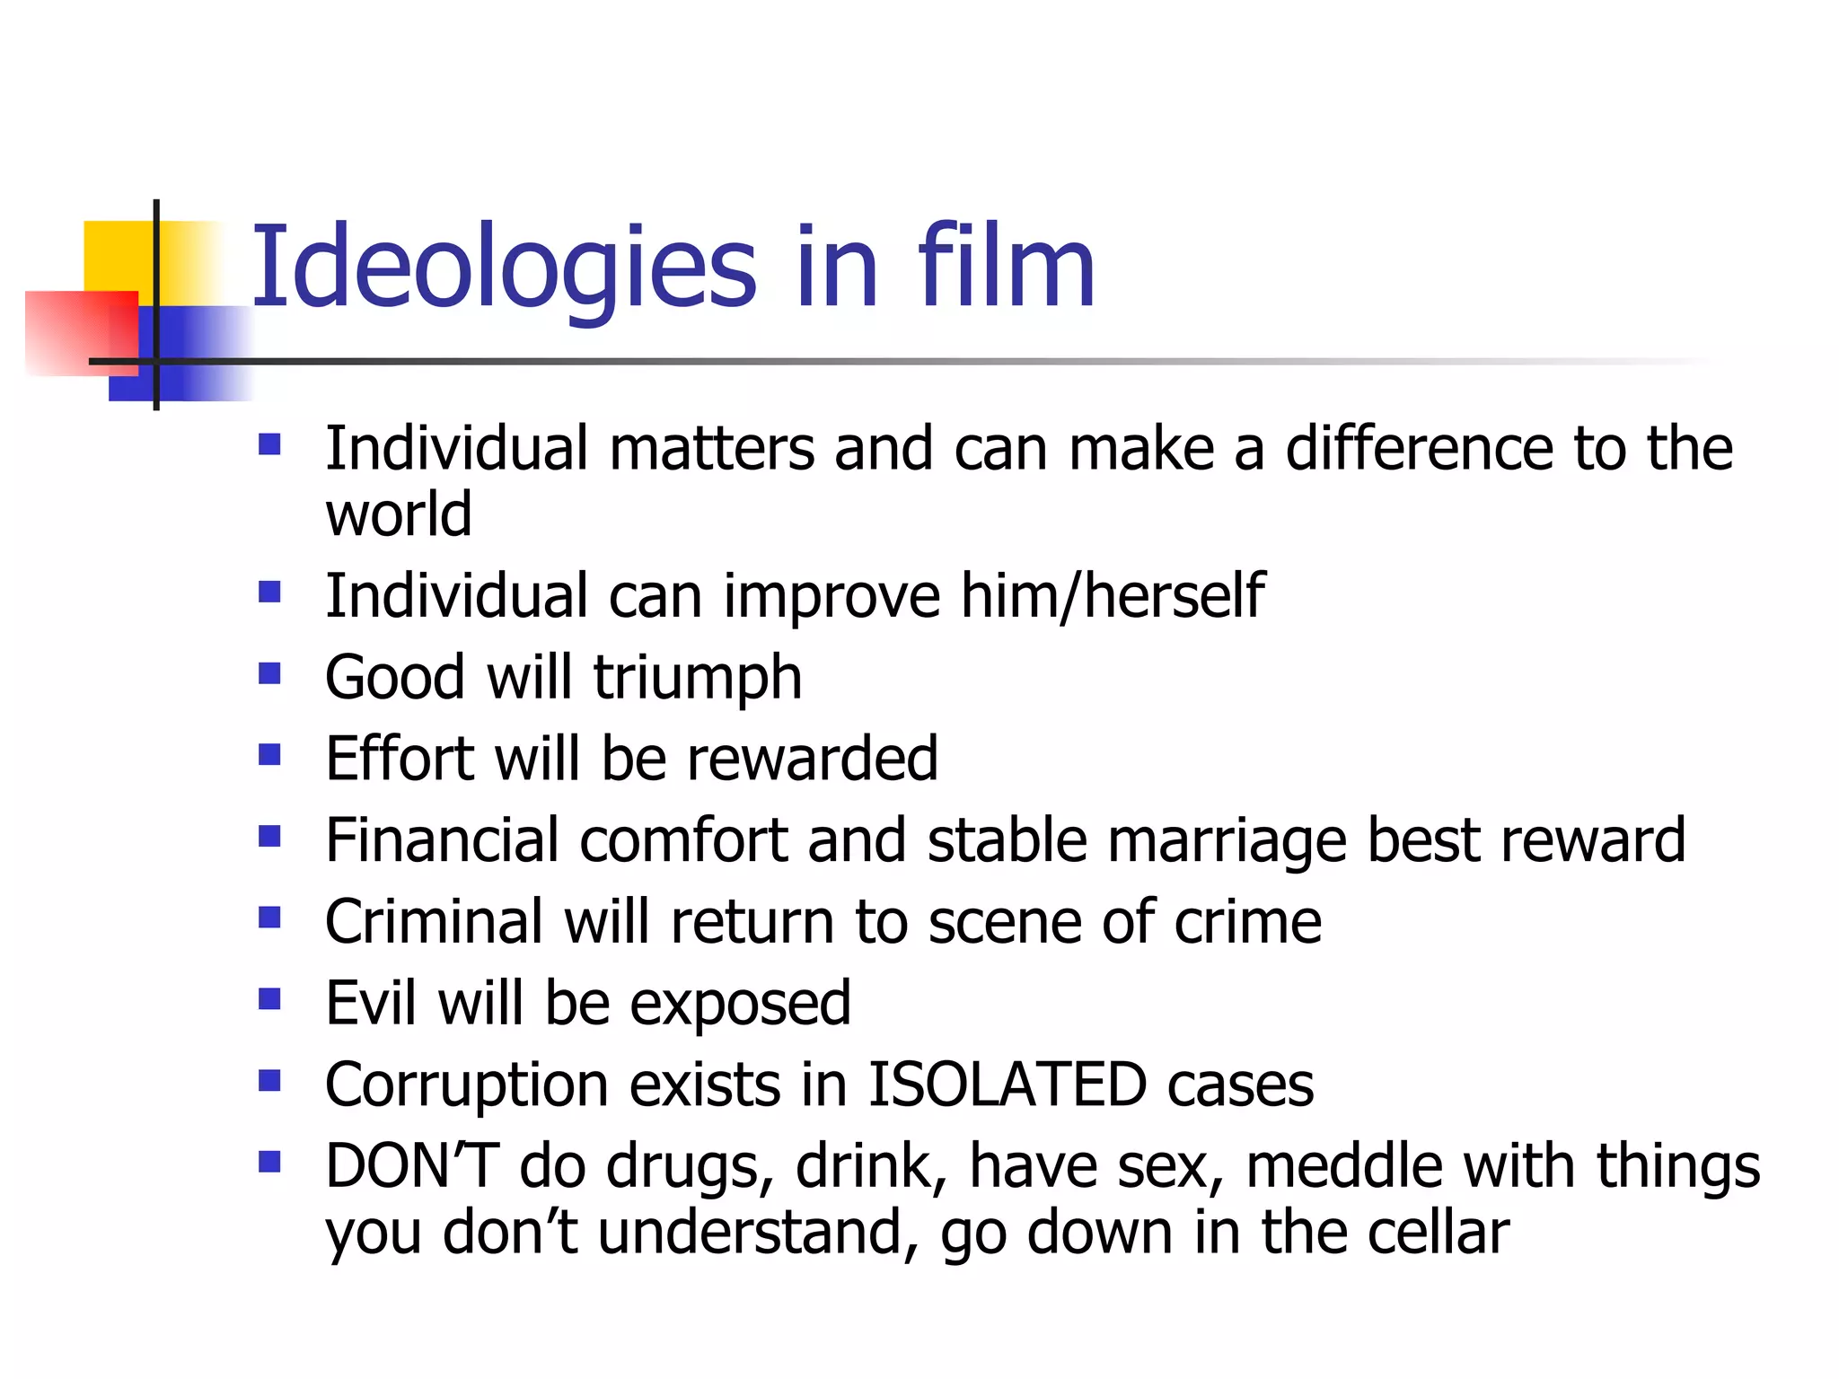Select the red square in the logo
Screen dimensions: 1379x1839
[81, 332]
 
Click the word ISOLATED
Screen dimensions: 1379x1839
[1007, 1085]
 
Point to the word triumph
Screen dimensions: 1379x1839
[697, 678]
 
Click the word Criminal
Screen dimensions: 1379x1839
[434, 922]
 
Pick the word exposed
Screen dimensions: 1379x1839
[740, 1004]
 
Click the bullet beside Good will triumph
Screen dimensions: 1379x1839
[269, 673]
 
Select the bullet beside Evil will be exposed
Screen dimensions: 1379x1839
[269, 999]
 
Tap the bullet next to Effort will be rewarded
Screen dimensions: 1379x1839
[269, 754]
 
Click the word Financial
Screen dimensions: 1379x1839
[441, 841]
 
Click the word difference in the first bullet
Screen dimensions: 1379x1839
[1419, 448]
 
